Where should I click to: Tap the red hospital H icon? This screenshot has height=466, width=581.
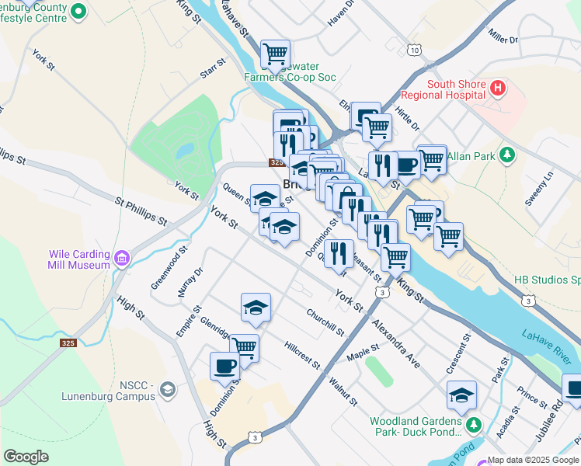(x=499, y=90)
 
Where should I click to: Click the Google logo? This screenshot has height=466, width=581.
(x=26, y=457)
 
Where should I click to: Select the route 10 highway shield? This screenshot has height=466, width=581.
(x=414, y=50)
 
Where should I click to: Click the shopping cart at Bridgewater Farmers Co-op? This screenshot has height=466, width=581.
(x=275, y=54)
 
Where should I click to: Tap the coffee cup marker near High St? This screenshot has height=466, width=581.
(x=224, y=366)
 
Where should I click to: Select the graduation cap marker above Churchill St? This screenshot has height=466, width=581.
(x=256, y=308)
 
